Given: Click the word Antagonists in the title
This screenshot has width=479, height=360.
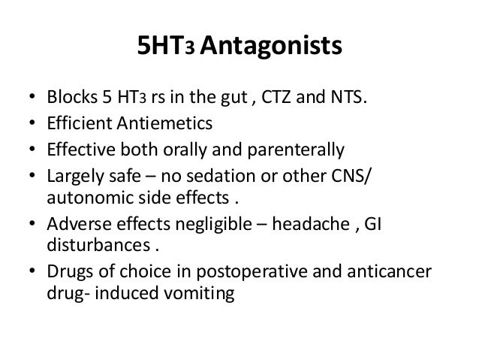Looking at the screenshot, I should click(271, 49).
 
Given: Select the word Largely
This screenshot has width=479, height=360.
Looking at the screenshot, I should click(77, 174).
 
